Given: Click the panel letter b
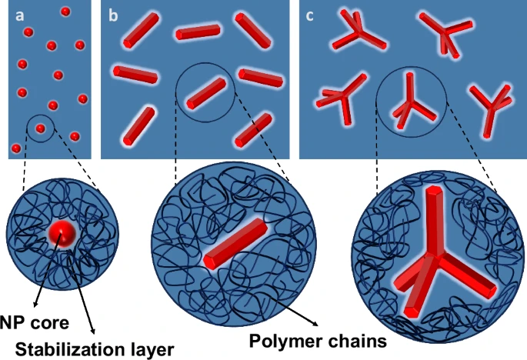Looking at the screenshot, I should pos(113,15).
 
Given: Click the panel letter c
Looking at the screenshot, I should pos(311,15).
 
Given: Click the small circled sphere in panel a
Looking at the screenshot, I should pos(40,127).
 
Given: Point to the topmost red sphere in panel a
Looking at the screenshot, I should pos(65,12).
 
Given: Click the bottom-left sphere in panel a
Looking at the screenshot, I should pos(16,147).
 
